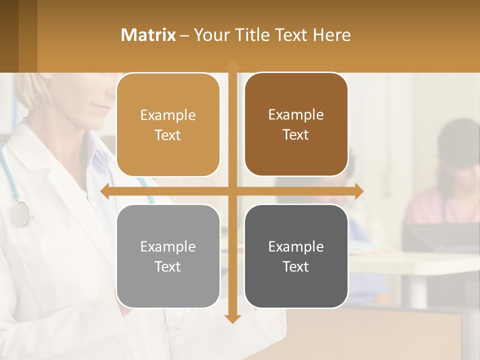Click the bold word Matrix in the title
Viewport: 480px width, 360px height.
148,35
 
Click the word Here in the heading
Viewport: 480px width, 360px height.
332,35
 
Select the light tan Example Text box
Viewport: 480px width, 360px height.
168,125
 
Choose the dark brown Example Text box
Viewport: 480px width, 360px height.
296,124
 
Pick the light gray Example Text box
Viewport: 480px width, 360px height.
168,256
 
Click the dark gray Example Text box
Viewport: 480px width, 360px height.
296,256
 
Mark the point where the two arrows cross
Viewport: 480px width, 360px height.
232,191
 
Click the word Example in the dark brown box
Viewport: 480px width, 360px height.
296,114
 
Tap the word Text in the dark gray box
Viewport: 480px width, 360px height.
296,266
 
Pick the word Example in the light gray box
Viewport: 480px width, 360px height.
168,246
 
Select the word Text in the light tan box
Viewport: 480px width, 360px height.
168,135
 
